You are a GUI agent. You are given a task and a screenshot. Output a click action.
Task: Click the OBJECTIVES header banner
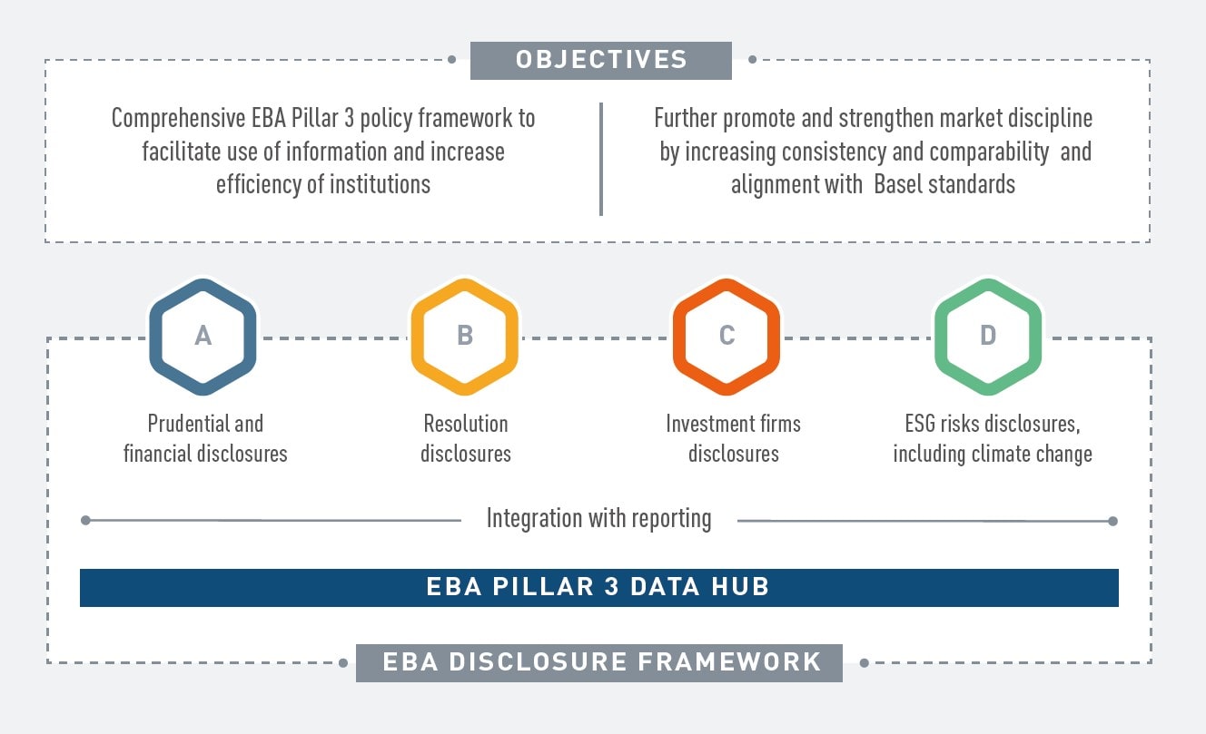tap(600, 60)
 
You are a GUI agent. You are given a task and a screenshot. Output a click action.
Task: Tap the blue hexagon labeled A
tap(203, 336)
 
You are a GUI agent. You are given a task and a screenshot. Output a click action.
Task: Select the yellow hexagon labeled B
tap(465, 336)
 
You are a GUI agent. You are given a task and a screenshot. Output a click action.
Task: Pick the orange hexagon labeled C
tap(727, 336)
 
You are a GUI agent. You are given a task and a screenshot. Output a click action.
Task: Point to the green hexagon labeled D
tap(988, 336)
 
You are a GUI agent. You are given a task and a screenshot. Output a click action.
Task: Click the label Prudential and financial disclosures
tap(205, 438)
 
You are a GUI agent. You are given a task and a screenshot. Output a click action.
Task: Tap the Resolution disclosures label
tap(466, 438)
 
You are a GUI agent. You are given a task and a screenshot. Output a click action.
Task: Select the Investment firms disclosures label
tap(733, 438)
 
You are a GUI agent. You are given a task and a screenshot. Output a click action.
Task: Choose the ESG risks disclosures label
tap(993, 438)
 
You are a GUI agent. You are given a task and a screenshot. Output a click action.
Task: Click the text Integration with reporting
tap(598, 519)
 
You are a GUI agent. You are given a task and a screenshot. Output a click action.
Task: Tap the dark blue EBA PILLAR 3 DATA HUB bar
tap(598, 587)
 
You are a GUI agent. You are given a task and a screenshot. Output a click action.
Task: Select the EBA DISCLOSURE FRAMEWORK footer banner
tap(599, 661)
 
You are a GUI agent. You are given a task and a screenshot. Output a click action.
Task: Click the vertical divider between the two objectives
tap(600, 159)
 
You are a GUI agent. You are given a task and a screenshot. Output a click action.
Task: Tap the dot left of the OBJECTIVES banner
tap(451, 60)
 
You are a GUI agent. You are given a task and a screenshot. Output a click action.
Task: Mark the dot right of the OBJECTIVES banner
tap(752, 60)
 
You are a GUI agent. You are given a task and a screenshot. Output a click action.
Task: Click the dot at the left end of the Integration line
tap(85, 521)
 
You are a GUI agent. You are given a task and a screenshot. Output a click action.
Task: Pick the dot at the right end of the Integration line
tap(1112, 521)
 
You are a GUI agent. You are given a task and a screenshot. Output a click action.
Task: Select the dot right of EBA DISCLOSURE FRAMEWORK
tap(864, 662)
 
